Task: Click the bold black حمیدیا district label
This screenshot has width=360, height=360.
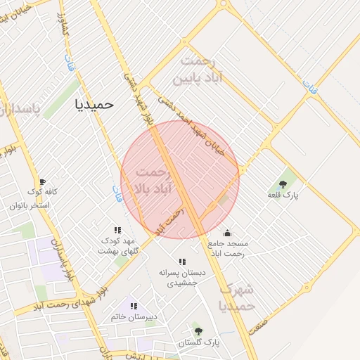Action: coord(94,104)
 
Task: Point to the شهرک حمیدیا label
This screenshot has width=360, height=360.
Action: coord(236,297)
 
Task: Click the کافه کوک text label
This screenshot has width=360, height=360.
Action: coord(42,192)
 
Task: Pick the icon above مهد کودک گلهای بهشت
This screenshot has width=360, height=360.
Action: coord(117,230)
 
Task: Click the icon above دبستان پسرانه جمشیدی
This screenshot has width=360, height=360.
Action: coord(182,262)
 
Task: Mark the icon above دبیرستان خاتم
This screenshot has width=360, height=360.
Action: coord(134,306)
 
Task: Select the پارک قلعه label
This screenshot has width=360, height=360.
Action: coord(283,195)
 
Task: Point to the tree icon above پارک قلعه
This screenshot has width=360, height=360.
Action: coord(283,184)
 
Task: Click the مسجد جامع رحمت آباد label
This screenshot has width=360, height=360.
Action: coord(227,248)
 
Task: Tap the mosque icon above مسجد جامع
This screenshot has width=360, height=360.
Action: coord(227,233)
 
